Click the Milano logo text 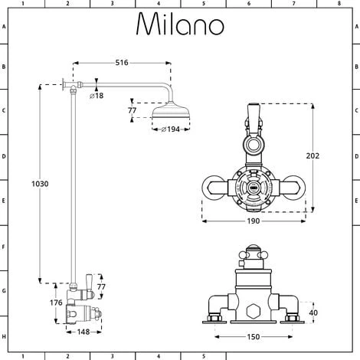point(179,25)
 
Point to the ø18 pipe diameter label point(97,96)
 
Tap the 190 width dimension point(254,221)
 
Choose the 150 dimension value point(254,335)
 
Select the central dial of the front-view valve point(252,185)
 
